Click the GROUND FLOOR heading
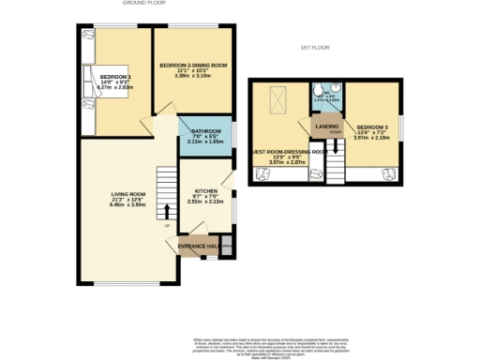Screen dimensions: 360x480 (143, 4)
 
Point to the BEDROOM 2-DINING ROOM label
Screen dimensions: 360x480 (193, 65)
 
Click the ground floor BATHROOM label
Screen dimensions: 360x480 (205, 130)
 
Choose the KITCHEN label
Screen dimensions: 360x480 (205, 188)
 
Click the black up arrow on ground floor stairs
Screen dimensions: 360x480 (168, 209)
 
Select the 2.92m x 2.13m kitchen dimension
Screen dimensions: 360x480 (205, 200)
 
